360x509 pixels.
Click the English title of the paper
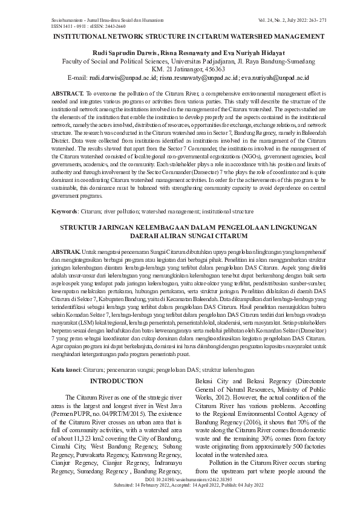click(x=179, y=37)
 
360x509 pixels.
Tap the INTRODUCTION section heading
click(x=117, y=381)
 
